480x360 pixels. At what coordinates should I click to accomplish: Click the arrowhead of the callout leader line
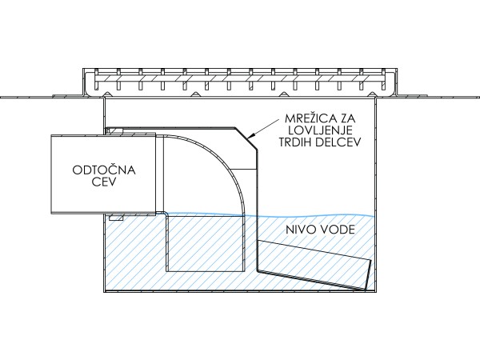click(x=250, y=137)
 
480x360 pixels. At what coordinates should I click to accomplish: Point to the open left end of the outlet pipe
click(x=51, y=174)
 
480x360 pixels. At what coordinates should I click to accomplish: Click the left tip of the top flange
click(x=2, y=98)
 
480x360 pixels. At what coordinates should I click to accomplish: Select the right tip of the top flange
click(x=477, y=98)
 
